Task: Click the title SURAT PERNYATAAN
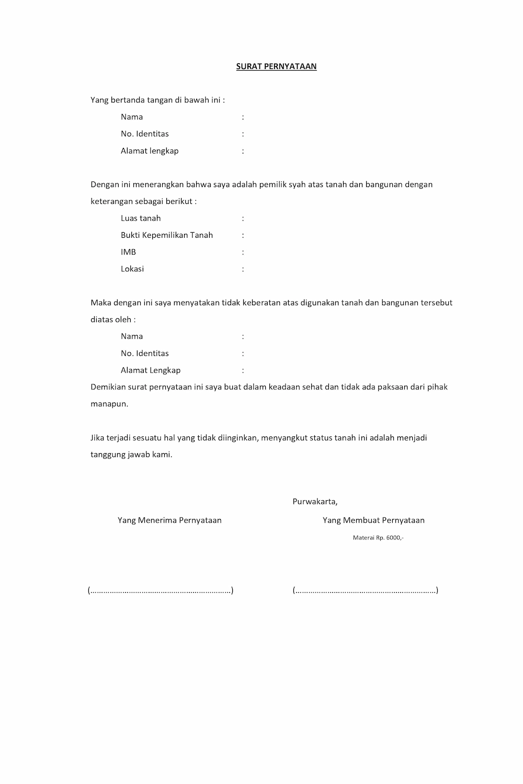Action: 276,66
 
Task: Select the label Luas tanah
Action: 141,218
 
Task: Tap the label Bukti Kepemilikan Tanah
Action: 167,235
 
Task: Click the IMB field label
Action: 128,252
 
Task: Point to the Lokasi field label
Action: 132,269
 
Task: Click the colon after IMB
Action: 243,252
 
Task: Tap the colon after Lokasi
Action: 243,269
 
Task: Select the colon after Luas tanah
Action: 243,218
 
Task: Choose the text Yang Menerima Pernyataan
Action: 169,520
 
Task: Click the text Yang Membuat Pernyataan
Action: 373,520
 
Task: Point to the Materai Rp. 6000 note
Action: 378,537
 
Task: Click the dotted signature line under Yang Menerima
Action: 161,591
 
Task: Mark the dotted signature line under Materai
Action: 366,591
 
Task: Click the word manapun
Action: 109,404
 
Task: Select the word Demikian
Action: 108,387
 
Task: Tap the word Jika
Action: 97,437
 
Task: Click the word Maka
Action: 100,303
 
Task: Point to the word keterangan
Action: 112,201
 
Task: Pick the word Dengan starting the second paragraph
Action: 105,185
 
